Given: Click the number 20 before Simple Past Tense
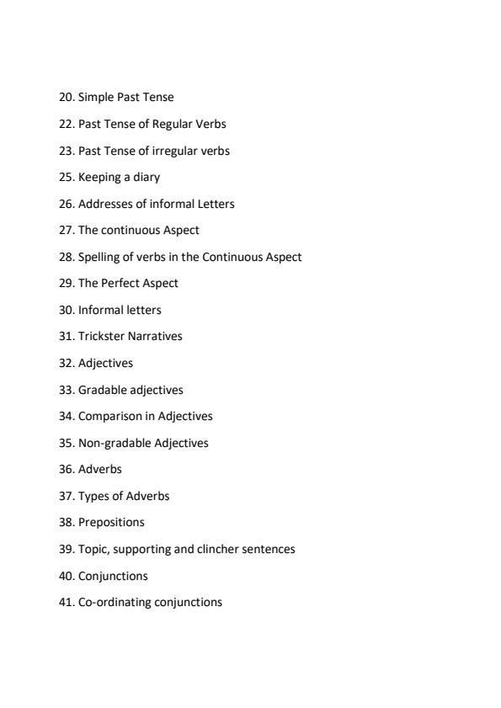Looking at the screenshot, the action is click(66, 97).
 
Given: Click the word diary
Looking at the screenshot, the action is click(146, 177).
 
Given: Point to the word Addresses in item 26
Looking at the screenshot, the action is click(105, 204).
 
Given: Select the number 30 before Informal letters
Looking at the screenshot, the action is click(66, 310).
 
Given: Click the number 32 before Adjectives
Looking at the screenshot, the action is click(66, 363).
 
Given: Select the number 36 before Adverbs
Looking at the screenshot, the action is click(66, 469).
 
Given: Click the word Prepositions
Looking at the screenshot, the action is click(111, 522).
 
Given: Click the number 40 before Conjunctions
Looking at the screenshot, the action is click(66, 576).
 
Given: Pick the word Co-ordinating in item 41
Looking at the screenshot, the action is click(115, 602).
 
